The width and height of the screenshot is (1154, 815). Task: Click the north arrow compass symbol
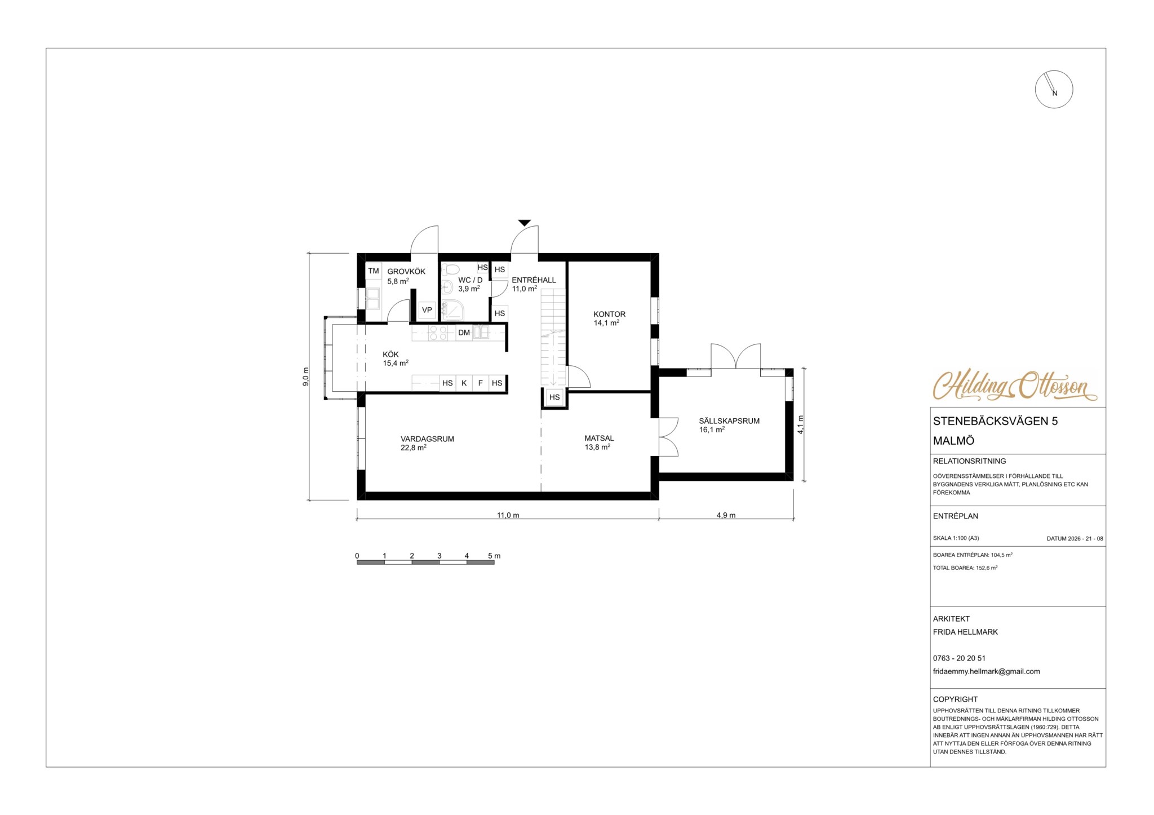coord(1054,90)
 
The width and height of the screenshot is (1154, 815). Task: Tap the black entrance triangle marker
coord(525,223)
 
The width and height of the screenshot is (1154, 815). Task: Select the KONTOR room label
coord(609,314)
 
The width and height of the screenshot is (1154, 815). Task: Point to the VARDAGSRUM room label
coord(427,438)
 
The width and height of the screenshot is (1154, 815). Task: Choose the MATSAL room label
coord(599,438)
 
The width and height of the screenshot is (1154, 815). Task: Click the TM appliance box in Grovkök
coord(374,271)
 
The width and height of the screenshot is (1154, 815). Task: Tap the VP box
coord(427,310)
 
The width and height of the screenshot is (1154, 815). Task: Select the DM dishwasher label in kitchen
coord(464,333)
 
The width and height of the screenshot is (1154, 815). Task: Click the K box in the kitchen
coord(464,383)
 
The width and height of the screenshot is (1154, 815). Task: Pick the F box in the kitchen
coord(481,383)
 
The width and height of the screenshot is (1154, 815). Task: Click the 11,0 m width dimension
coord(508,515)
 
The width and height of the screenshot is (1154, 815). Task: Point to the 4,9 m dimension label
coord(726,515)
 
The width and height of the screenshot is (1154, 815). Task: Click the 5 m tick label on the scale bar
coord(494,556)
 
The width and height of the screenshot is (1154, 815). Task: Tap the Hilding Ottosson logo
coord(1015,386)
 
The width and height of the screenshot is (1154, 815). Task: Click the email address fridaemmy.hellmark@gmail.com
coord(986,671)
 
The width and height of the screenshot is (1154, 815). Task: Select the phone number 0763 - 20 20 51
coord(959,658)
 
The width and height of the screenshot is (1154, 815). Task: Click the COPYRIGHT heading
coord(955,699)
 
